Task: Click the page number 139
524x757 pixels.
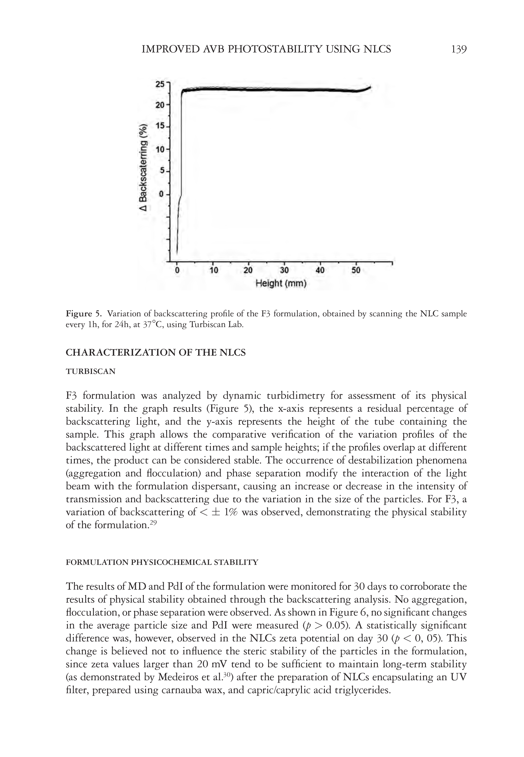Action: (x=459, y=49)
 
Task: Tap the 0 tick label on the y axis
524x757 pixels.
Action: (x=162, y=194)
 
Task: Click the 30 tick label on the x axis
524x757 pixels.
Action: (x=284, y=271)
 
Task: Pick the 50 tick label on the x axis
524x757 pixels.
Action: (x=356, y=271)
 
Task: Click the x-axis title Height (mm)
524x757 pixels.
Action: (x=281, y=283)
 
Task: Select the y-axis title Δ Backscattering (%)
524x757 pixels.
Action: (x=144, y=167)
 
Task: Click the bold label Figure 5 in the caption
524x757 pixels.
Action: (x=84, y=313)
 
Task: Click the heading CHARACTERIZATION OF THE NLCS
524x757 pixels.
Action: (x=156, y=353)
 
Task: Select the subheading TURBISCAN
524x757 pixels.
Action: (x=91, y=372)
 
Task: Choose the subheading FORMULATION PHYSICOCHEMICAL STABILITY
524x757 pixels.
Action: (x=162, y=562)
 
